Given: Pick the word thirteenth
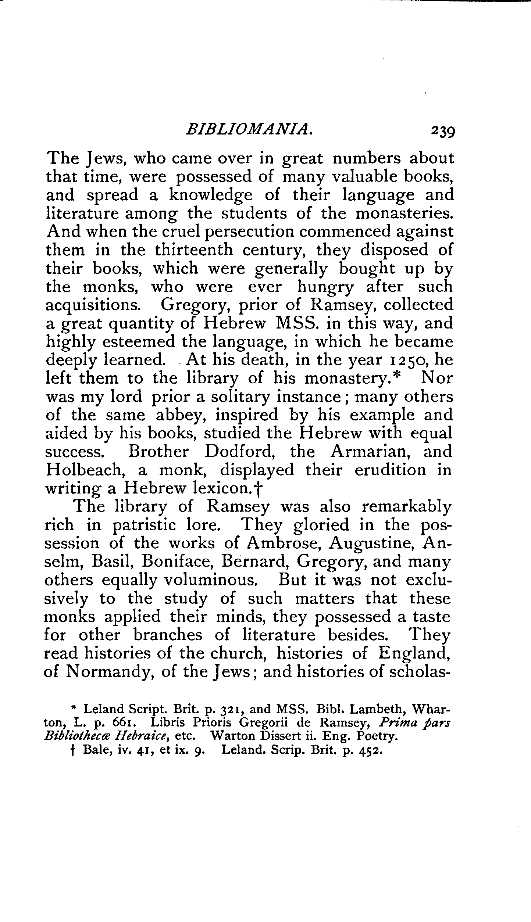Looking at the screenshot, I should click(194, 250).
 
